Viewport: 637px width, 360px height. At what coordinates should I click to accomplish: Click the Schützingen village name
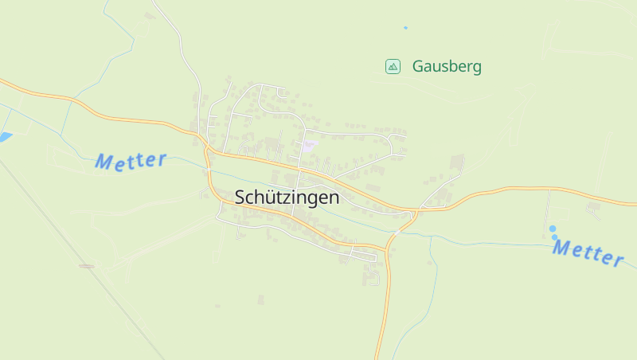287,198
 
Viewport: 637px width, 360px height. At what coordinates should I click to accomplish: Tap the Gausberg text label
447,67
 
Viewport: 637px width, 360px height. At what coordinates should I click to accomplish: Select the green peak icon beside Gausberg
393,67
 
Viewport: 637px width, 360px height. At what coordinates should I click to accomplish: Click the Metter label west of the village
131,160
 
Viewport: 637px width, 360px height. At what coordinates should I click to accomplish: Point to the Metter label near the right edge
588,253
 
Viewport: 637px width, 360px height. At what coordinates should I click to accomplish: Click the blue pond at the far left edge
5,137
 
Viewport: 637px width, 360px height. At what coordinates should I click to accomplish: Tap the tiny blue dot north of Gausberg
405,28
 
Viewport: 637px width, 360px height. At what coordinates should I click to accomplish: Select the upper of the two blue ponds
552,229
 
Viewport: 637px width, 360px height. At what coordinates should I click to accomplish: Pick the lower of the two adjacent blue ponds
555,237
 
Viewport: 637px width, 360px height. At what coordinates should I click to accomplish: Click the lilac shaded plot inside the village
308,145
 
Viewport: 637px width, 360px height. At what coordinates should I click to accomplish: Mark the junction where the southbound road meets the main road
415,212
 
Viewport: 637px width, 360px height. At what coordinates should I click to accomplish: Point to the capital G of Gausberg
418,67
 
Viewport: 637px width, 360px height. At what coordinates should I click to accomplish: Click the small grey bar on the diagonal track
87,265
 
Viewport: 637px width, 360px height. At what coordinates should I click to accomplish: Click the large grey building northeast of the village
457,162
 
